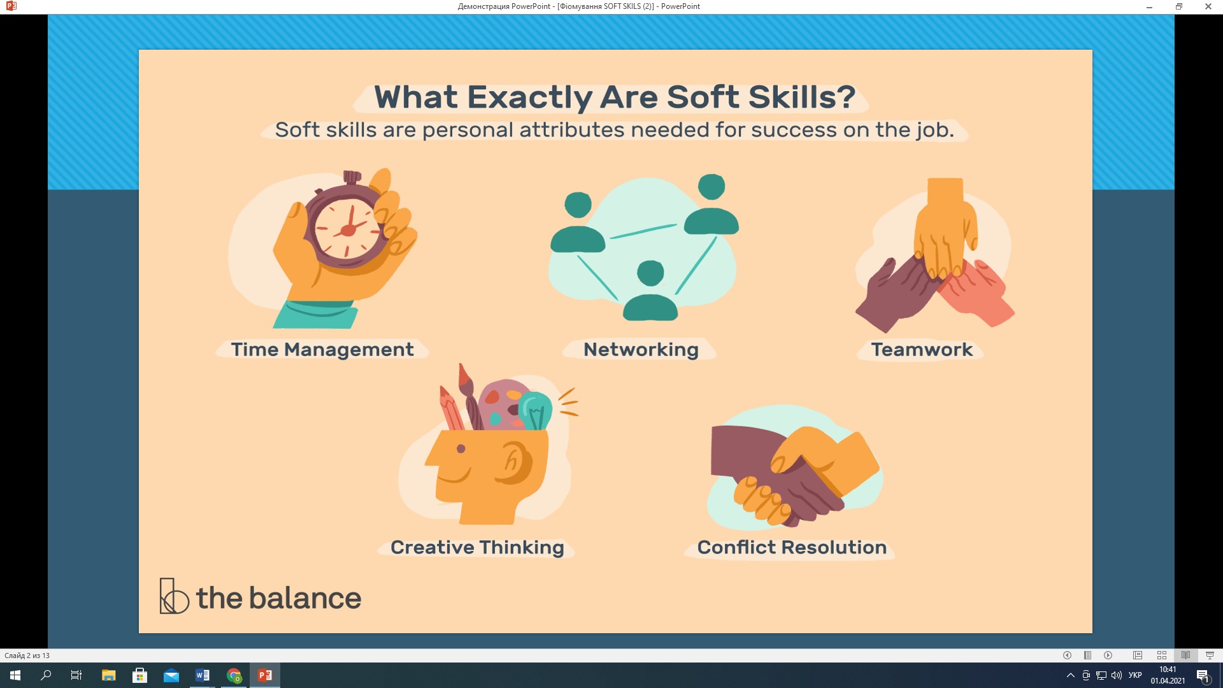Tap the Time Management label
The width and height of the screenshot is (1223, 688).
click(x=322, y=350)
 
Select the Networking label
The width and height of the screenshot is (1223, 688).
click(x=641, y=350)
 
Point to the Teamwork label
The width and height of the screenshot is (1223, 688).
click(x=922, y=350)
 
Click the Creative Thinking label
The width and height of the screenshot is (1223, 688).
click(x=477, y=548)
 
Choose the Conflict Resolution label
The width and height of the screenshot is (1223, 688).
click(x=792, y=547)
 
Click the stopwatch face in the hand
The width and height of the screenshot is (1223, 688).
click(x=348, y=229)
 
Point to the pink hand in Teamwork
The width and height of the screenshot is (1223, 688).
click(x=975, y=292)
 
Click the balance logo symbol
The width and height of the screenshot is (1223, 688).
click(x=174, y=596)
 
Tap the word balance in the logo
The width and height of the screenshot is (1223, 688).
click(x=305, y=598)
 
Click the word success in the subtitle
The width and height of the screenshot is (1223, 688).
click(x=794, y=131)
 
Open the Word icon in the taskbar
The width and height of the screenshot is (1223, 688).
click(x=202, y=675)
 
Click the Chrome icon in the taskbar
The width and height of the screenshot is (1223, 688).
click(x=234, y=675)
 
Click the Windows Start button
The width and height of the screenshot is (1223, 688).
click(x=15, y=675)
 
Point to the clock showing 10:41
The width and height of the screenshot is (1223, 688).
click(x=1168, y=670)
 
